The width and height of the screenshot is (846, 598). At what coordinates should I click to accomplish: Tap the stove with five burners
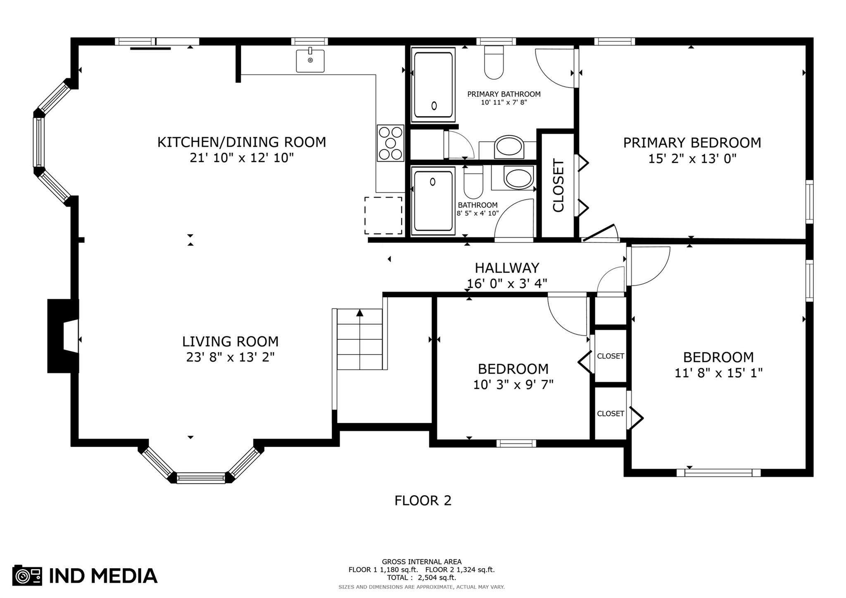point(390,143)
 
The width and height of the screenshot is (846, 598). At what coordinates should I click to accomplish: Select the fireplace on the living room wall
point(63,336)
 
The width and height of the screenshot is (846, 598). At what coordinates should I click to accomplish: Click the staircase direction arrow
point(360,313)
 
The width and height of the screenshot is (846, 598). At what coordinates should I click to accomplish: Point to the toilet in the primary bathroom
point(494,62)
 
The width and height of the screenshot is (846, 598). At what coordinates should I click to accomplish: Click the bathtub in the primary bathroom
point(433,85)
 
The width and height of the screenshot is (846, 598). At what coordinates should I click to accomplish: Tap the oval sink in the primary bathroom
point(509,147)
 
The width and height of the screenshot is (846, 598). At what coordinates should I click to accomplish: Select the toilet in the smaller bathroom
point(473,182)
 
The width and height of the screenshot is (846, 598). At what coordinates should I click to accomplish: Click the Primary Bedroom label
point(692,143)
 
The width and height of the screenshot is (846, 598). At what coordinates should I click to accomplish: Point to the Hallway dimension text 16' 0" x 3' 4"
point(507,284)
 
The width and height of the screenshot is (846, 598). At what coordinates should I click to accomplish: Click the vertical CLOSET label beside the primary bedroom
point(558,186)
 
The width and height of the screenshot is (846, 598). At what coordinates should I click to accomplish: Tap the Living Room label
point(231,341)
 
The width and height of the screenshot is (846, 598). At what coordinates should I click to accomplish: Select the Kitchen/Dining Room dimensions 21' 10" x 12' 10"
point(242,158)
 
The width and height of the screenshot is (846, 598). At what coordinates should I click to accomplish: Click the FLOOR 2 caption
point(423,500)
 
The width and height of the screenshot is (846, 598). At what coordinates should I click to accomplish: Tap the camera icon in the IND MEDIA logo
point(27,575)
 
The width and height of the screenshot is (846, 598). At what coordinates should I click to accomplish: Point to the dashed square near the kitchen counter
point(383,215)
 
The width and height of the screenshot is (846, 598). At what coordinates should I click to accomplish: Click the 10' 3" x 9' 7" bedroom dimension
point(513,385)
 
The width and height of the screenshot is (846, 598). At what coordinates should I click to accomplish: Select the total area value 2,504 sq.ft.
point(437,578)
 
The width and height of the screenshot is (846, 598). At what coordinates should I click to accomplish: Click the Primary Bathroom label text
point(504,94)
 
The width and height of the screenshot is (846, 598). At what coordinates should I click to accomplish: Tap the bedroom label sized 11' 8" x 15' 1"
point(718,357)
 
